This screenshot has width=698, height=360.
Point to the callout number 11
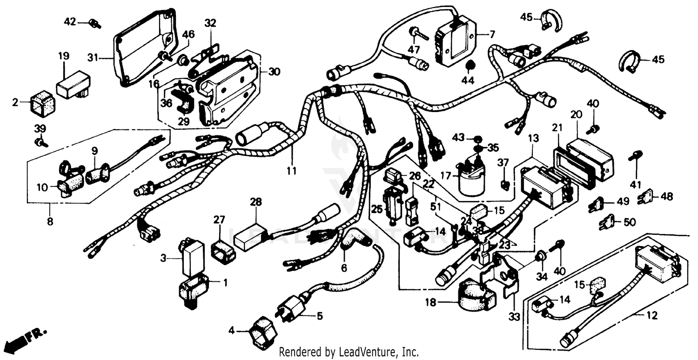pyautogui.click(x=291, y=171)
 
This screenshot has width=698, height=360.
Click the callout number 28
pyautogui.click(x=255, y=202)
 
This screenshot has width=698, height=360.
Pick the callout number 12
pyautogui.click(x=652, y=316)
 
